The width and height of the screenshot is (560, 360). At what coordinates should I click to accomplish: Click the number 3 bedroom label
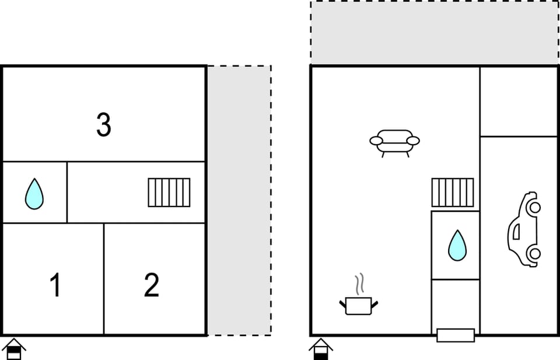104,124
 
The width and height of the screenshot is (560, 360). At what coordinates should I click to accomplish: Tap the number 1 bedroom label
55,285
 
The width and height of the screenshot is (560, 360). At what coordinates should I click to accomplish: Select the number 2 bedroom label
152,285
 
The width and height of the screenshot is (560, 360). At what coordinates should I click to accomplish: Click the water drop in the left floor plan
34,194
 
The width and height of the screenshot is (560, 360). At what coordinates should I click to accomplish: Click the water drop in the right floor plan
457,246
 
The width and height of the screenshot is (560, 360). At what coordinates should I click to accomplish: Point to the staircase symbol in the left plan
169,193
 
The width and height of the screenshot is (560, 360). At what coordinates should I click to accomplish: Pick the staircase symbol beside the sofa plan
453,193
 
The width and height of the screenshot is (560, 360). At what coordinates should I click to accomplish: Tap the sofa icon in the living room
395,143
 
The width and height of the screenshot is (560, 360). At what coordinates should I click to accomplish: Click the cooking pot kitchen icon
359,306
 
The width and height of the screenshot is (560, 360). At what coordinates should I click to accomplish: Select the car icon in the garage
524,229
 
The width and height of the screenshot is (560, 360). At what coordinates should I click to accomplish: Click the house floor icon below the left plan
13,349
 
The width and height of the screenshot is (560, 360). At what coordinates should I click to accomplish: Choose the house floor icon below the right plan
321,349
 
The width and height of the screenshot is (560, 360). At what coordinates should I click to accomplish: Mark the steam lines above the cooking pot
360,284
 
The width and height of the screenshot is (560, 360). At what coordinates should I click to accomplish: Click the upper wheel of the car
535,207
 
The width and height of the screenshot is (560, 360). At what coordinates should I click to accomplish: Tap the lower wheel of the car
535,254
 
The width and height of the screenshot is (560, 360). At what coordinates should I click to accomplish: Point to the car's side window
516,232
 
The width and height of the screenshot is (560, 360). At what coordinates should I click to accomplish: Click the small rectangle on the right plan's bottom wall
456,335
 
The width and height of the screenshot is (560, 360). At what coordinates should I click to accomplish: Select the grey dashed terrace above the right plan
434,33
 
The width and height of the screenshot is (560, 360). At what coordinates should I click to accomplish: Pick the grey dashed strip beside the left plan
239,200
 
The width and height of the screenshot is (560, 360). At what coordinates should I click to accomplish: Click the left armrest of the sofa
376,141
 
